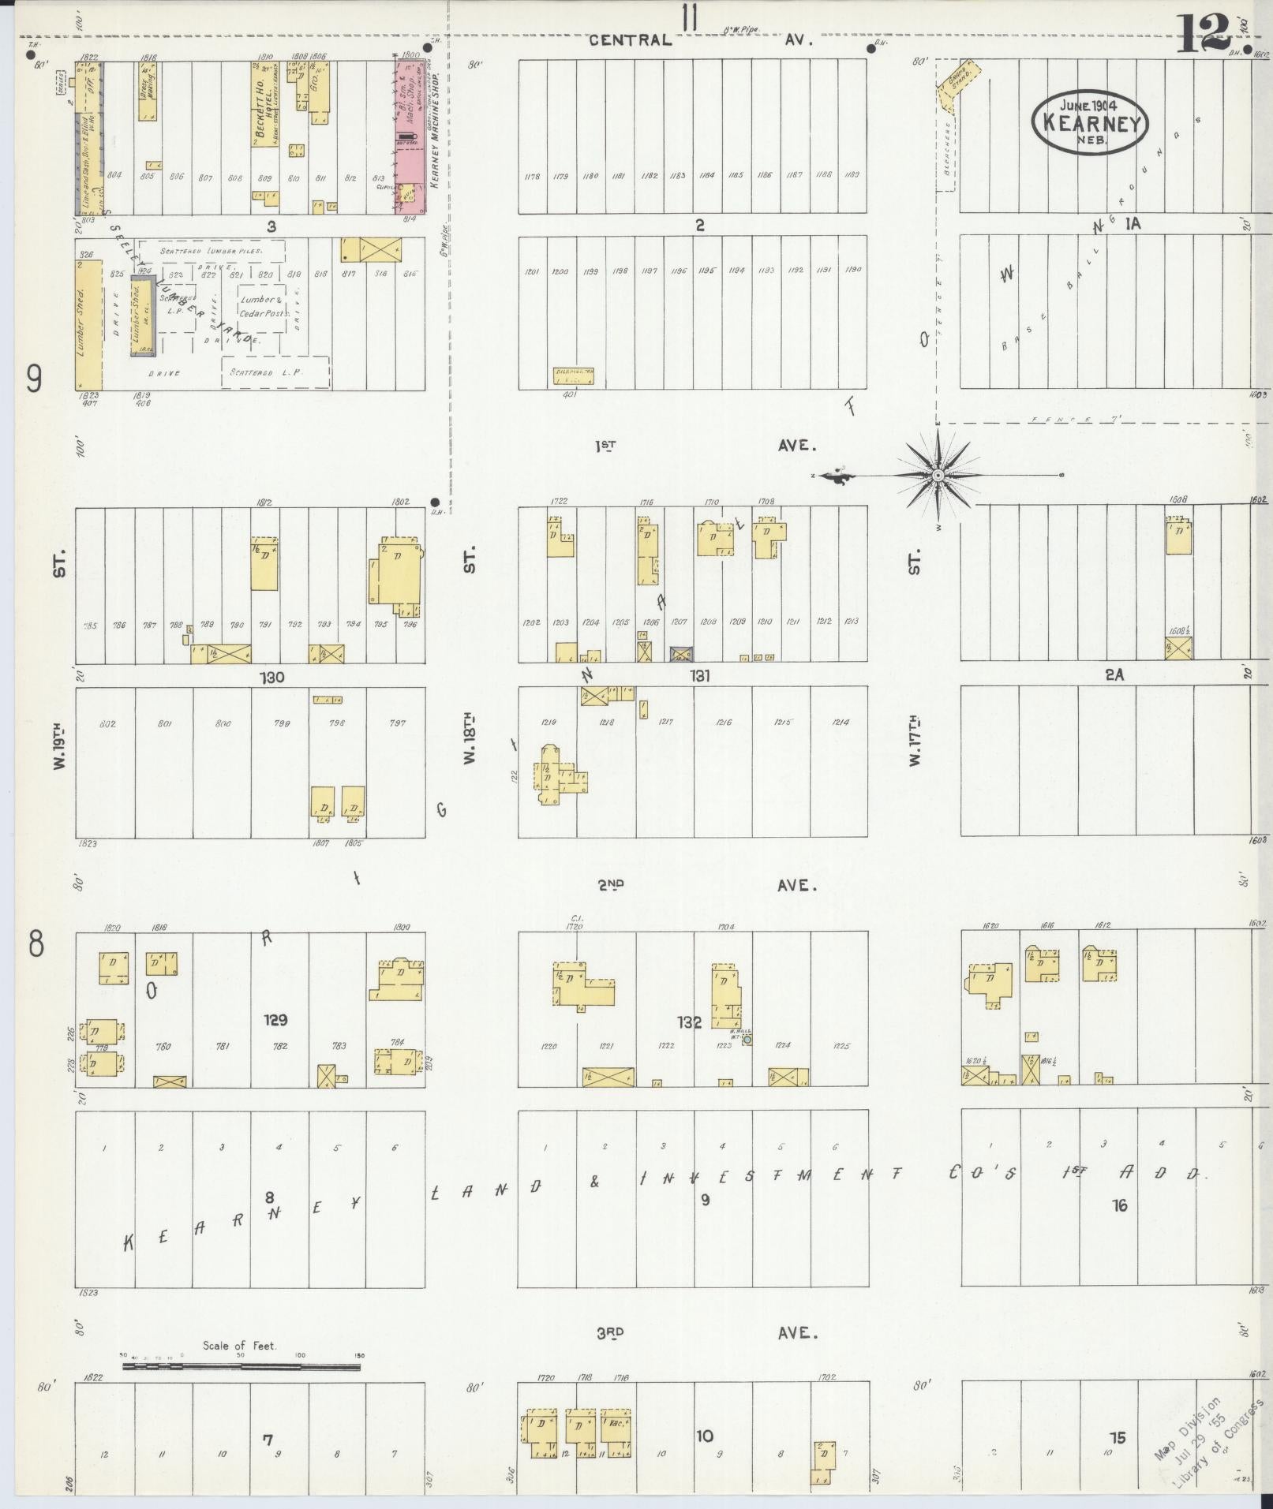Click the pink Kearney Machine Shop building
(409, 134)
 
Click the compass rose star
(938, 476)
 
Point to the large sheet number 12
(1205, 33)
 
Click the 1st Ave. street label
(702, 446)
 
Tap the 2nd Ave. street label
(702, 885)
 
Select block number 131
(699, 676)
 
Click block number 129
(275, 1020)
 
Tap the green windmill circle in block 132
(747, 1040)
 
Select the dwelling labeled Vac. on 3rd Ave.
(616, 1432)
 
